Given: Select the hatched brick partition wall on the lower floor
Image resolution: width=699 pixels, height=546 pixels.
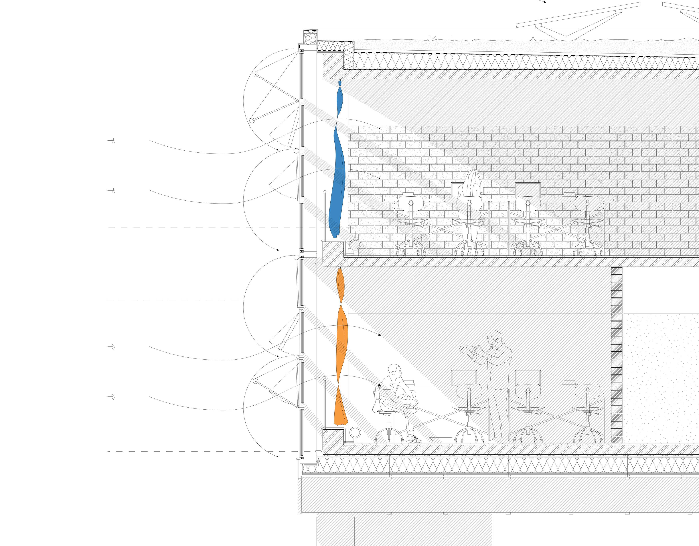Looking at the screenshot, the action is pos(616,355).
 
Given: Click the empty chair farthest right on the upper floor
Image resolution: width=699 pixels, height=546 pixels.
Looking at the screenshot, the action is pos(587,224).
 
